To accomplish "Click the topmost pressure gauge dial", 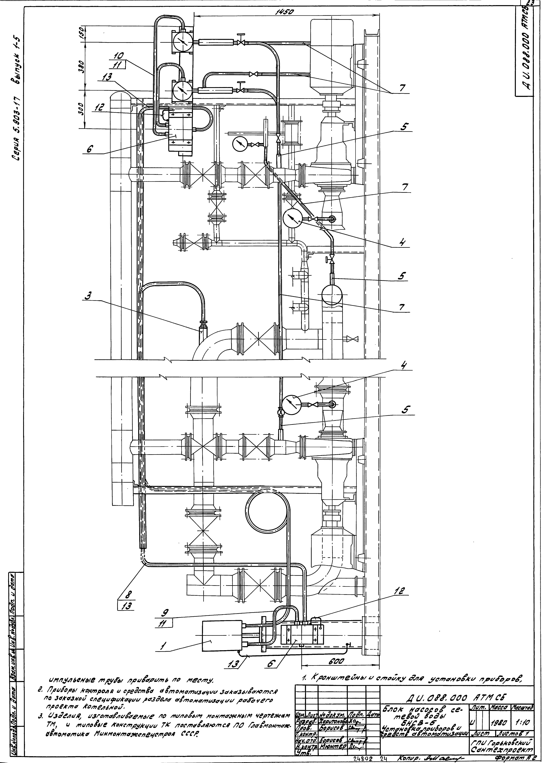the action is (x=182, y=41).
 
